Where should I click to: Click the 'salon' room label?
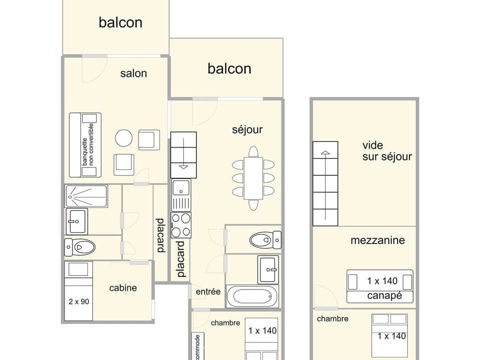click(x=133, y=73)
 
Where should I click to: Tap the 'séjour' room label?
click(x=247, y=130)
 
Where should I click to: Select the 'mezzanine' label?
click(x=384, y=240)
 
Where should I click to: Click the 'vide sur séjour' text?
click(x=387, y=151)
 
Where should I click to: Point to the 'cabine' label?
click(x=123, y=288)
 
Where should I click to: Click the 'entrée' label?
click(x=208, y=291)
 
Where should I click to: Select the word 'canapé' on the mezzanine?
click(x=384, y=296)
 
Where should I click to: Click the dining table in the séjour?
click(x=253, y=178)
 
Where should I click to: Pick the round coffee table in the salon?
click(x=123, y=138)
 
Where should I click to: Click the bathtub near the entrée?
click(x=252, y=296)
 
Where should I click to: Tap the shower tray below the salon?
click(x=86, y=196)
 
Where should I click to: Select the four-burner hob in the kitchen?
click(x=181, y=225)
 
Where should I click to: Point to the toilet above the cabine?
click(x=80, y=247)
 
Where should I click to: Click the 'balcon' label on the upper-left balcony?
click(x=120, y=22)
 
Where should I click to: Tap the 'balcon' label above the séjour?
click(x=229, y=68)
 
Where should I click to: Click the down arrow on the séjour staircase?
click(x=183, y=166)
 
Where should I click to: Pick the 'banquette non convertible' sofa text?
click(x=88, y=144)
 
